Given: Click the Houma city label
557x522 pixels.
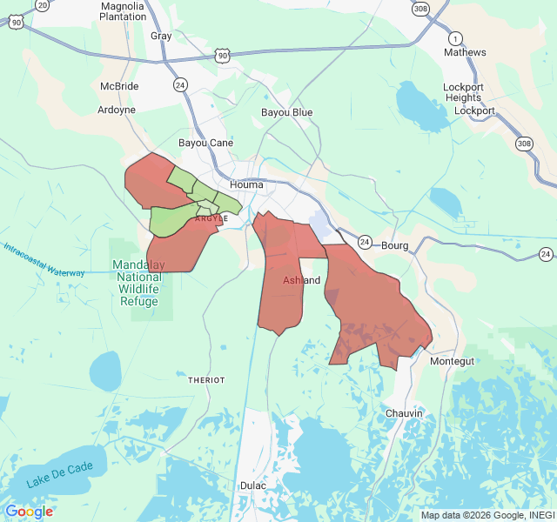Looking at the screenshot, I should [246, 184].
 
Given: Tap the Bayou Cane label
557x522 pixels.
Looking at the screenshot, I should [205, 143].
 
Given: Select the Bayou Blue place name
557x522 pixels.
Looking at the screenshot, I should [286, 113].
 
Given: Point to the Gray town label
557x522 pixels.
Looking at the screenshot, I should [161, 36].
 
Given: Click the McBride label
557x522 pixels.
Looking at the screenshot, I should [119, 87].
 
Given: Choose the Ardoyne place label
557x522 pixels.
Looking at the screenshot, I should [116, 110].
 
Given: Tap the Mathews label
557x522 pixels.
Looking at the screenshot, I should [465, 53].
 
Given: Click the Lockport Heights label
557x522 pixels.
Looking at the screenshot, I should [462, 92].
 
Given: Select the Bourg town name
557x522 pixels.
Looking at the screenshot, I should [394, 246].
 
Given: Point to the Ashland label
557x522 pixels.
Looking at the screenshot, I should [301, 280].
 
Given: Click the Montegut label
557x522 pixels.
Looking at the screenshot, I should [453, 361].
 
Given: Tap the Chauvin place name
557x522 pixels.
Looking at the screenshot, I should [404, 413].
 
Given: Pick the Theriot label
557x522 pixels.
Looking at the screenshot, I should [206, 380].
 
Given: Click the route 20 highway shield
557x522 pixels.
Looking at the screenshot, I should [43, 4].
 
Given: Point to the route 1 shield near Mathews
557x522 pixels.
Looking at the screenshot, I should [454, 38].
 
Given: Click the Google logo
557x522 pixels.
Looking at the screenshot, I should [29, 511].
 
